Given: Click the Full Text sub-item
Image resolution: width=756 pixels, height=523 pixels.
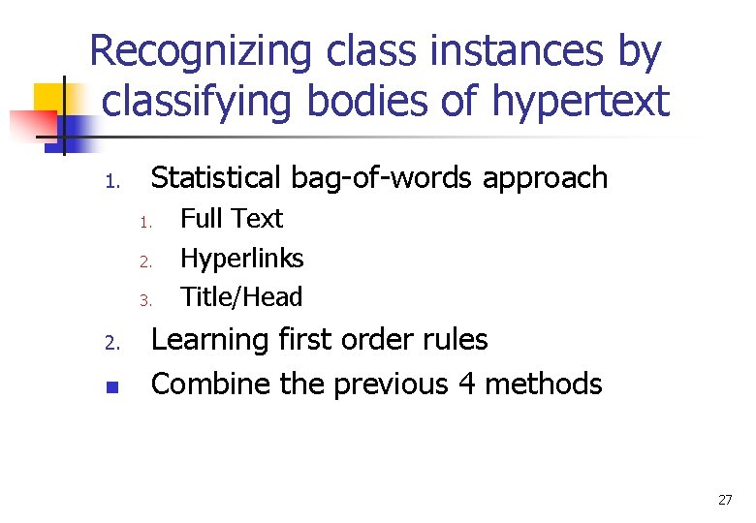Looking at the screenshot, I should click(232, 219).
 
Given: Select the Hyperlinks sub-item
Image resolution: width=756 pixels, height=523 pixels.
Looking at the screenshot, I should click(242, 259).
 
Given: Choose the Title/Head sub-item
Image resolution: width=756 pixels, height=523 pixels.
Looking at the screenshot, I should click(241, 297).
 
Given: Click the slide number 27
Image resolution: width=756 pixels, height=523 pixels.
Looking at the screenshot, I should click(724, 500).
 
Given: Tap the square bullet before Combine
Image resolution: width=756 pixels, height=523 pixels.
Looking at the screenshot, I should click(111, 386).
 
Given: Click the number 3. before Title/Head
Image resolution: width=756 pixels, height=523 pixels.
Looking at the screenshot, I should click(144, 300).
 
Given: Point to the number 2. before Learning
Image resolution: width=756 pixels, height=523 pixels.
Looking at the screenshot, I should click(111, 343).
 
